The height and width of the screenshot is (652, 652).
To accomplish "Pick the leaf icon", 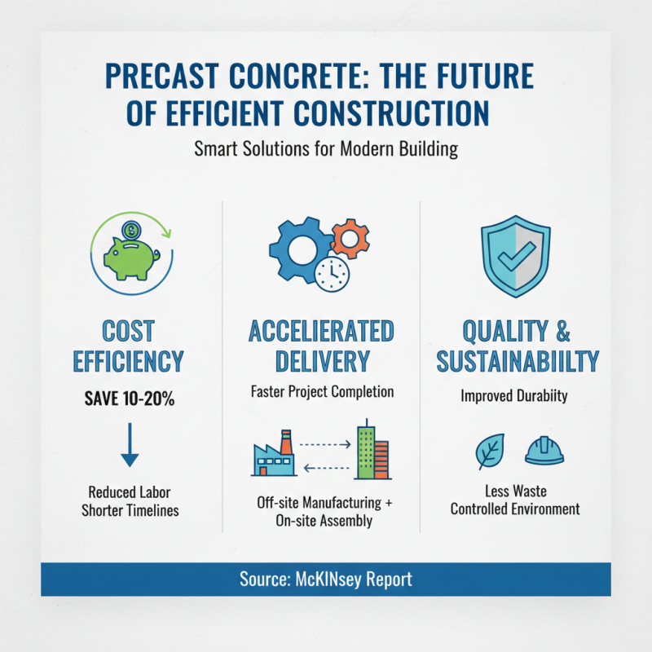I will [x=490, y=451].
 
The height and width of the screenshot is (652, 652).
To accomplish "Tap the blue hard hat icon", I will [x=544, y=451].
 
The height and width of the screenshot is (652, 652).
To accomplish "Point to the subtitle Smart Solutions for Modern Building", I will [x=326, y=150].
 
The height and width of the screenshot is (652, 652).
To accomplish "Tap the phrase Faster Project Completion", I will [x=321, y=392].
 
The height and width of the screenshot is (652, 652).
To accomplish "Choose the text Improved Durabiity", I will [x=514, y=398].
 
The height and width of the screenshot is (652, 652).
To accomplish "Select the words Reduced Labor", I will [x=129, y=491].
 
